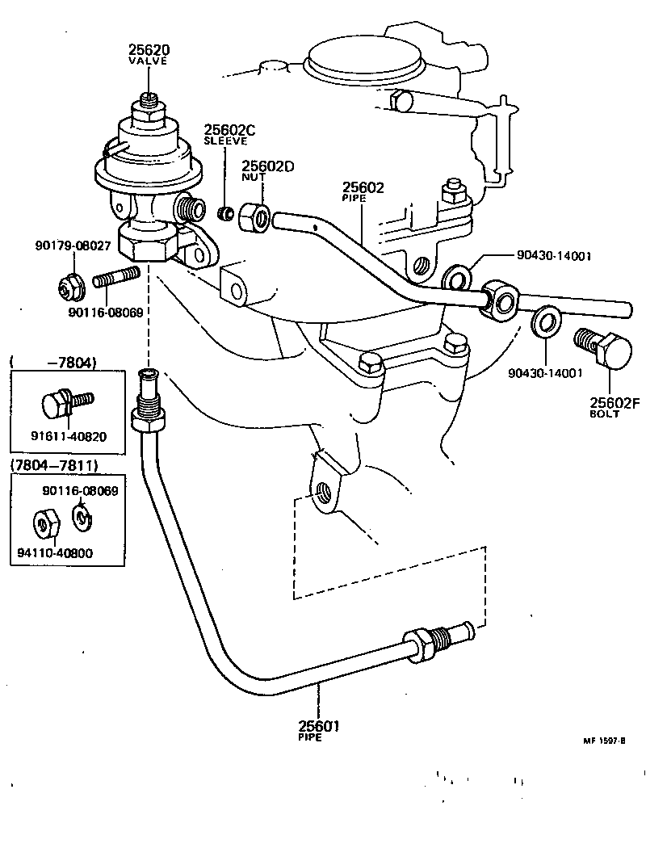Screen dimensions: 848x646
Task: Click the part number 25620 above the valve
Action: [147, 49]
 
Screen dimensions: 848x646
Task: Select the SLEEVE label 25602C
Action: [229, 130]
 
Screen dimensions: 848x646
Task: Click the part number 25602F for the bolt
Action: [615, 403]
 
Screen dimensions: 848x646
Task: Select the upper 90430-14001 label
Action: [555, 256]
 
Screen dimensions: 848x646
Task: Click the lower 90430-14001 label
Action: [546, 373]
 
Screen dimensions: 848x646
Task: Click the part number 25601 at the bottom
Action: [317, 726]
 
